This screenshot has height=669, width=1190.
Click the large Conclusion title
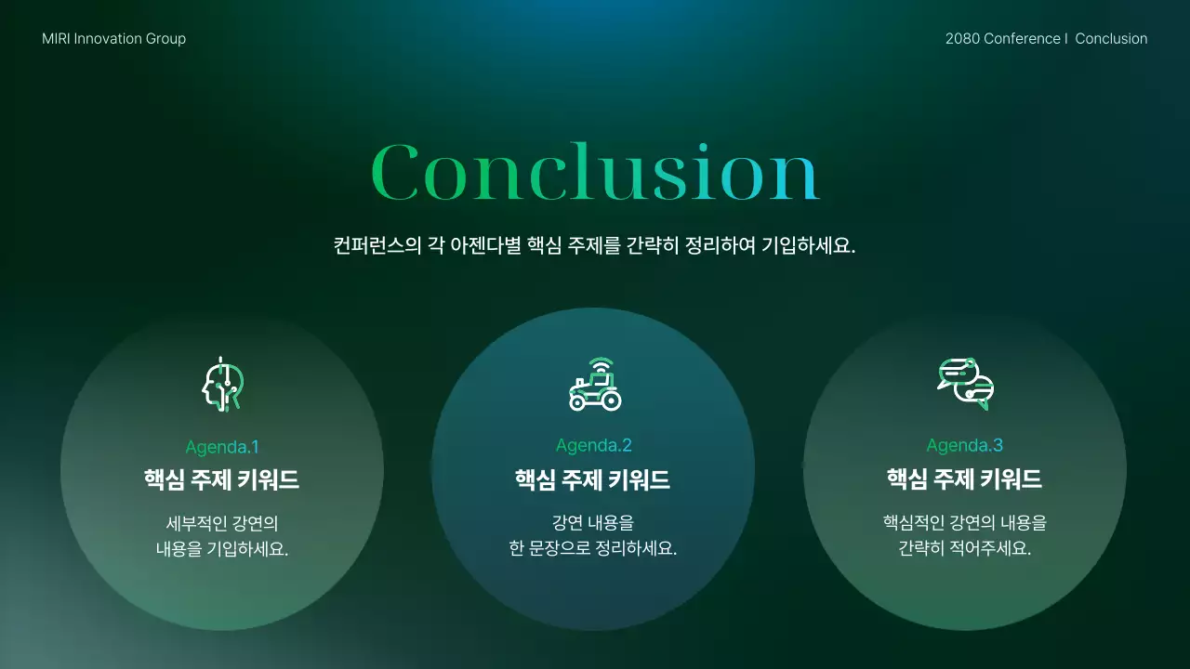[595, 172]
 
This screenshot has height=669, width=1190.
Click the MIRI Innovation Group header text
[113, 39]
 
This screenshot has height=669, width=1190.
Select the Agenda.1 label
[222, 447]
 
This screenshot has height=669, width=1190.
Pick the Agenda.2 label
[594, 445]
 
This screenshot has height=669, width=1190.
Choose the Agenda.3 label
[965, 445]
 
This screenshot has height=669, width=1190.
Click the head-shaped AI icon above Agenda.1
[223, 384]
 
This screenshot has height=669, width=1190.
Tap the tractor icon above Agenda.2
[595, 384]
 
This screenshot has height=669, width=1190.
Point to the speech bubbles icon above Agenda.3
[966, 383]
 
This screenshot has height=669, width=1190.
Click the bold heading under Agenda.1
[222, 479]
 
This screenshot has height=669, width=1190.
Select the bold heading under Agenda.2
[593, 479]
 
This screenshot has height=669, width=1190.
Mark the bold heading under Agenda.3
[965, 479]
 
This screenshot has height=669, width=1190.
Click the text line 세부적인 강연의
[222, 523]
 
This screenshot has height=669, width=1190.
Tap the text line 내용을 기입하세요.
[222, 548]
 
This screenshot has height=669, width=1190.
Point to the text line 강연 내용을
[593, 523]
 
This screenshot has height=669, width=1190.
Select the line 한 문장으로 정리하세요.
[593, 548]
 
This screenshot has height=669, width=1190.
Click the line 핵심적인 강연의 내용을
[965, 523]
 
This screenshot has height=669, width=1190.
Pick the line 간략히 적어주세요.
[965, 548]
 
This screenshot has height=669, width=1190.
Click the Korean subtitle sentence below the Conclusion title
[594, 247]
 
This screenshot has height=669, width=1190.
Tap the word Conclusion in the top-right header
[1111, 39]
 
